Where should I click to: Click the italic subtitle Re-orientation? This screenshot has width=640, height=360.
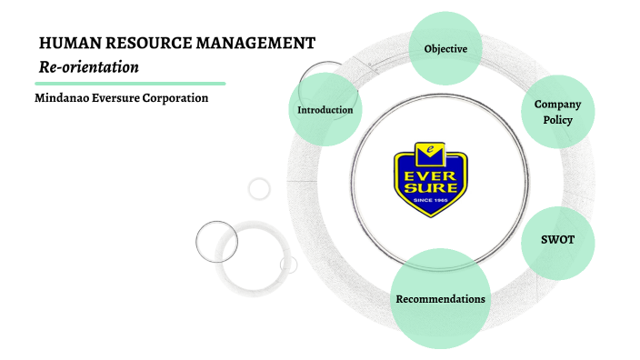(x=88, y=66)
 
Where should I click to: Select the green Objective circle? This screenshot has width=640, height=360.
(x=445, y=48)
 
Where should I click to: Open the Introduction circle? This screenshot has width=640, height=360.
(x=325, y=110)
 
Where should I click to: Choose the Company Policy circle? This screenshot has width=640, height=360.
(x=557, y=112)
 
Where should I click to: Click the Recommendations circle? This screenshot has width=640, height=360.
(x=440, y=299)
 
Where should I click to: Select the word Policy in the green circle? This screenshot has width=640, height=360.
(x=557, y=120)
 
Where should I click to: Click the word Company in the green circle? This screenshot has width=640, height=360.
(x=557, y=105)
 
